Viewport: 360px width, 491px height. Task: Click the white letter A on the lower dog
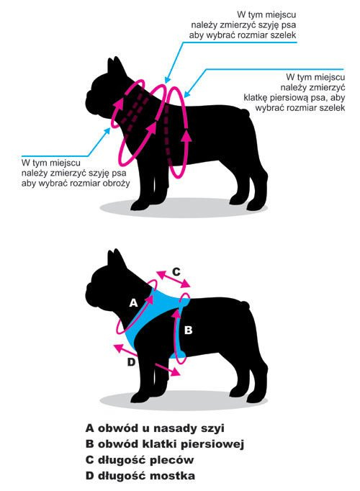click(x=134, y=303)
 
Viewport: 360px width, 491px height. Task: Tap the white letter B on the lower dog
click(x=188, y=330)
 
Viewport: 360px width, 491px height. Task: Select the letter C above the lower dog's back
click(x=176, y=271)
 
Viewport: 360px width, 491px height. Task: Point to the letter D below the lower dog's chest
click(x=132, y=362)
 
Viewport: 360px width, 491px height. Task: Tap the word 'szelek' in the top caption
click(x=283, y=35)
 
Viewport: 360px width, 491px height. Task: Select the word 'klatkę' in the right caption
click(x=256, y=98)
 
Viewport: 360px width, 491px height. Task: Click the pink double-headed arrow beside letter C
click(x=174, y=279)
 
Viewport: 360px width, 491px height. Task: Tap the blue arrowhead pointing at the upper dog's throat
click(x=107, y=130)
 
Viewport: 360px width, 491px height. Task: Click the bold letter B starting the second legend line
click(x=89, y=444)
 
